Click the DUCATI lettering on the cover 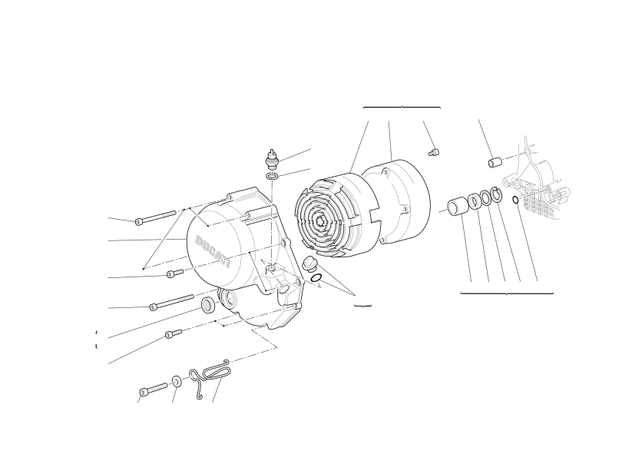click(212, 251)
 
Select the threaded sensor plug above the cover click(271, 159)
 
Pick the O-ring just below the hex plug click(316, 278)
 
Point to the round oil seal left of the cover click(208, 304)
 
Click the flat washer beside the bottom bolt click(177, 382)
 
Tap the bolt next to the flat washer click(154, 389)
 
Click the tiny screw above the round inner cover click(434, 152)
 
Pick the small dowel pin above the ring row click(495, 161)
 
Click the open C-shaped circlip click(496, 194)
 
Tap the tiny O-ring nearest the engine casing click(515, 200)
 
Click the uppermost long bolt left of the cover click(156, 217)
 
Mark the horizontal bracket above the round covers click(402, 108)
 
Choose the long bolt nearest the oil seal click(172, 302)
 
